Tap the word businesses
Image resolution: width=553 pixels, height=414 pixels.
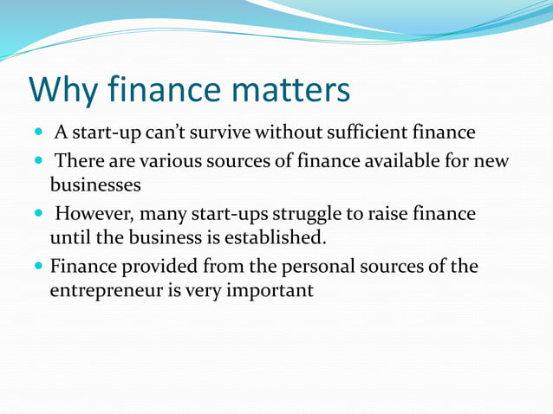point(94,184)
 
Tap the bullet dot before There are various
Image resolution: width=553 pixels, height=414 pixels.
point(39,162)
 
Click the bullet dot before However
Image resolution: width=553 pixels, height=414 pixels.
point(39,214)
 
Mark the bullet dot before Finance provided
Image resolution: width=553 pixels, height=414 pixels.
point(39,267)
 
